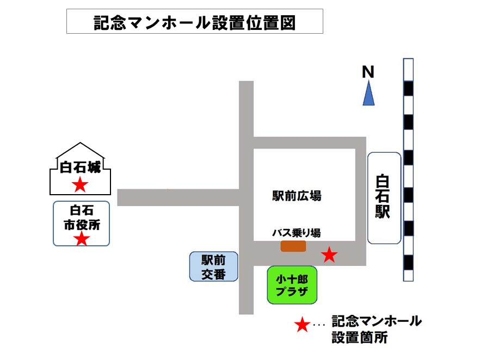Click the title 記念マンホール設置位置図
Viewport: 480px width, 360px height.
[x=194, y=22]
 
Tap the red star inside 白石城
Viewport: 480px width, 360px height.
[x=80, y=185]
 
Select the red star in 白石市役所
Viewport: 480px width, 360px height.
[x=82, y=238]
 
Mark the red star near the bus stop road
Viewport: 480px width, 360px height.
[x=329, y=255]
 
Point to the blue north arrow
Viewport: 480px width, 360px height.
[x=369, y=93]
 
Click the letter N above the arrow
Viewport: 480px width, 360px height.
[x=368, y=71]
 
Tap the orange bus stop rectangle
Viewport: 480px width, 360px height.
[x=293, y=246]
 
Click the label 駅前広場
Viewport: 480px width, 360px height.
[x=297, y=196]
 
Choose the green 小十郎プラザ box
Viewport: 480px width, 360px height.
[x=292, y=285]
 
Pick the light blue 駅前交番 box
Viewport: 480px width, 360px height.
[x=213, y=266]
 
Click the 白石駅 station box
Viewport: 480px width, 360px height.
[x=384, y=197]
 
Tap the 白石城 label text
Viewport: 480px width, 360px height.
[x=80, y=169]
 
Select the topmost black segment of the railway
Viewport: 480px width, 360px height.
[x=408, y=87]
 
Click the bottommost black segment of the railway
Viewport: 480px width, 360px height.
[x=408, y=263]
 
